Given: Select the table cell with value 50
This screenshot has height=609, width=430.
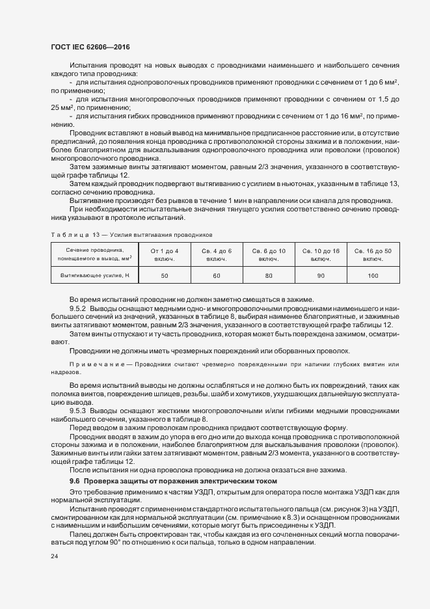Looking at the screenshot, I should click(165, 277).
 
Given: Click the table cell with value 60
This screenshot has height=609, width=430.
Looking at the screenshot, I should click(217, 277).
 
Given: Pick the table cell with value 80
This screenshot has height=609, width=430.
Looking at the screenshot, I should click(269, 277).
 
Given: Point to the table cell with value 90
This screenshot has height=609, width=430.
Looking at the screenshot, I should click(321, 277).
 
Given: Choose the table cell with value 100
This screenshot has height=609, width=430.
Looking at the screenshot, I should click(373, 277).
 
